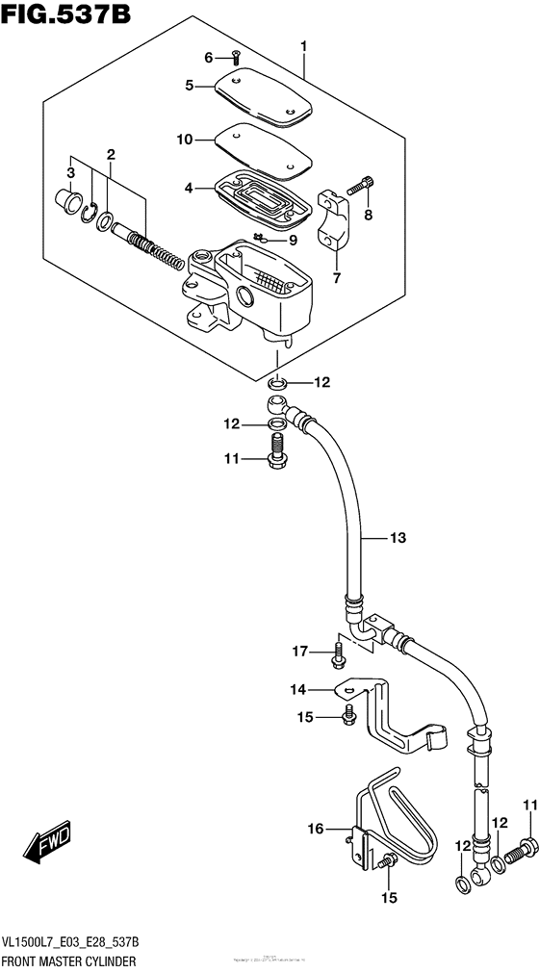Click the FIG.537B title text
click(x=65, y=16)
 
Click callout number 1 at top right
click(x=304, y=45)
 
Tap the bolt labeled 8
click(x=365, y=185)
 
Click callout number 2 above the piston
click(x=112, y=155)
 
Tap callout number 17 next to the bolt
click(x=300, y=653)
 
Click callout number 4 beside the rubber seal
click(x=191, y=188)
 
